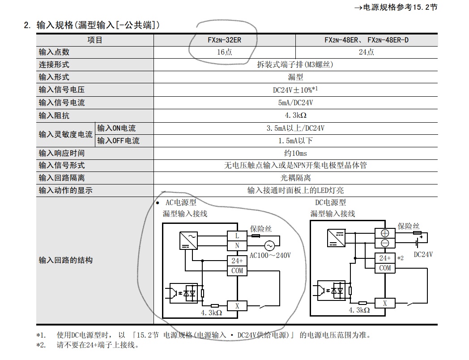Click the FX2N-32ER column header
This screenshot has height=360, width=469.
click(x=224, y=40)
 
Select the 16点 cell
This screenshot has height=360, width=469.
click(x=224, y=52)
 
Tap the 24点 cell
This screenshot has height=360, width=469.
click(x=366, y=52)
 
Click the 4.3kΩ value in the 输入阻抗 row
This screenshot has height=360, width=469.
click(x=295, y=116)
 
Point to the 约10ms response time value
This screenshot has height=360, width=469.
click(x=295, y=153)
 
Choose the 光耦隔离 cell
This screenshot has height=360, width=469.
click(x=295, y=178)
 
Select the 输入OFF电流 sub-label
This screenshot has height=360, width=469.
click(x=118, y=141)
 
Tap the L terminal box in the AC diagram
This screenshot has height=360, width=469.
click(x=237, y=236)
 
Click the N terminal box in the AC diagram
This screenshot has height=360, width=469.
click(x=237, y=245)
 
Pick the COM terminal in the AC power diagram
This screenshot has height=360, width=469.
click(x=237, y=270)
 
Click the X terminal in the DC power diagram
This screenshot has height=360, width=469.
click(x=385, y=303)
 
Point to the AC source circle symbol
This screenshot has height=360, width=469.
click(x=269, y=245)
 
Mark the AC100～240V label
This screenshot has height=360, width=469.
click(x=270, y=256)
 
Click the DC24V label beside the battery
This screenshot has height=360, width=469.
click(x=423, y=254)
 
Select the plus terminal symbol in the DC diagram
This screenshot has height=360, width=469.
click(x=385, y=233)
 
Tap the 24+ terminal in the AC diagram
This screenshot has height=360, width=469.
click(x=237, y=261)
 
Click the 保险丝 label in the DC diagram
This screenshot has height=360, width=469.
click(x=409, y=226)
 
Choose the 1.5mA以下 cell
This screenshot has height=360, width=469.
click(x=295, y=141)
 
